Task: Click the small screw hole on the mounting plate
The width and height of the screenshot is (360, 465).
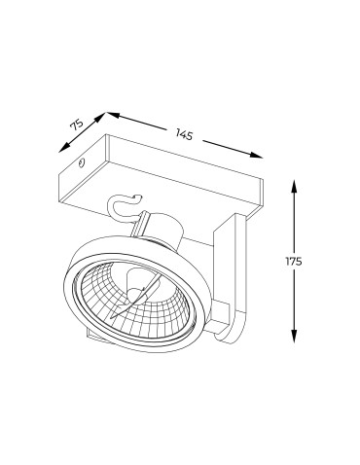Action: [x=85, y=164]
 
